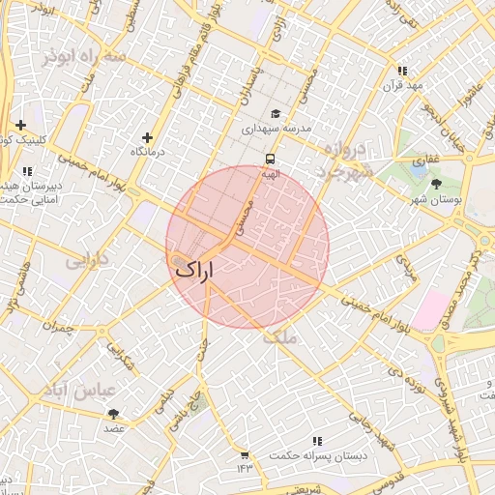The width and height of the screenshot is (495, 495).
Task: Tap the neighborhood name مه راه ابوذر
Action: [x=85, y=57]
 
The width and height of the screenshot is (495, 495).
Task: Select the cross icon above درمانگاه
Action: [x=147, y=137]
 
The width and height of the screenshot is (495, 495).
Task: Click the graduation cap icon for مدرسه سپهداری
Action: [x=276, y=113]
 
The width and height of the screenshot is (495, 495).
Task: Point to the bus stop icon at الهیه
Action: [x=270, y=159]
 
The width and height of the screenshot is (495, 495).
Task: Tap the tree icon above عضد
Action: [x=114, y=413]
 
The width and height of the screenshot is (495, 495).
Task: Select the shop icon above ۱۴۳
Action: [x=244, y=454]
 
